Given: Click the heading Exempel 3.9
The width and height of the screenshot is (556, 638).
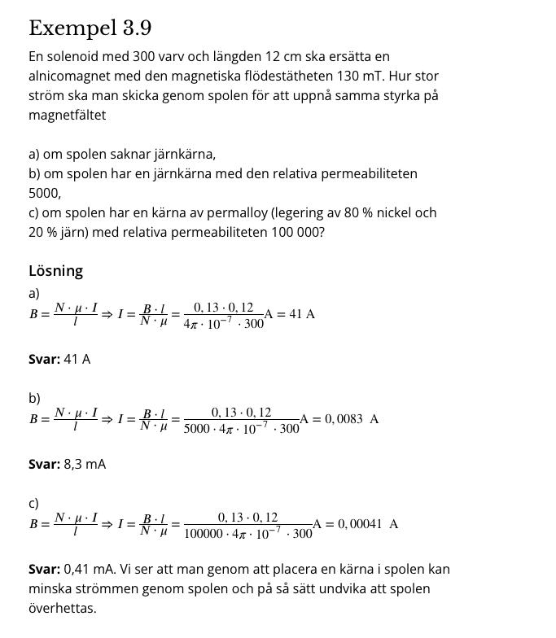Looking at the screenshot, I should (x=90, y=28).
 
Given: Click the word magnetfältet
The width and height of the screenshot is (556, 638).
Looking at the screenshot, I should (x=68, y=116).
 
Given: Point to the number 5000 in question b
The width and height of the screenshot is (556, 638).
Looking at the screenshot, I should (x=44, y=194).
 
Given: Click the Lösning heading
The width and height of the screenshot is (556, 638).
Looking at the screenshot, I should (x=55, y=271).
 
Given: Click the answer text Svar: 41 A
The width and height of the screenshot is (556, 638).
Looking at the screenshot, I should (x=59, y=359).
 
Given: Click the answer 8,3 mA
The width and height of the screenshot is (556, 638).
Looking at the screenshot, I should (x=85, y=464).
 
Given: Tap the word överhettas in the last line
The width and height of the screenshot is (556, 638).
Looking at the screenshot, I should (x=62, y=609).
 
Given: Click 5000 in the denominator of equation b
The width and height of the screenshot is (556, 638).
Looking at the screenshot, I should (x=198, y=428).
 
